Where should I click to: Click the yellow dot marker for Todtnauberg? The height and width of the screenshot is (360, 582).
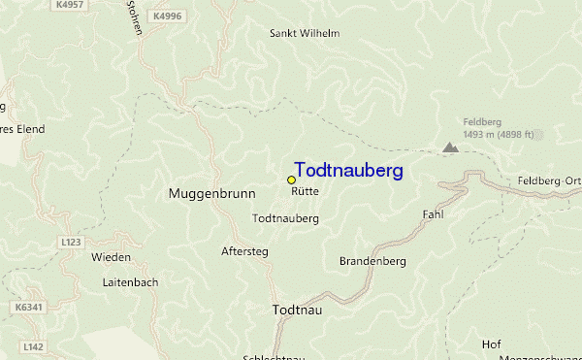(x=291, y=180)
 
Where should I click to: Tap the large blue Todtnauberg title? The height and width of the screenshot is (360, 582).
(x=348, y=170)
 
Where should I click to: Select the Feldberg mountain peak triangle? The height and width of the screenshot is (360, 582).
(x=450, y=147)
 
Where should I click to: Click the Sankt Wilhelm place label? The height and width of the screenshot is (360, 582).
(x=304, y=33)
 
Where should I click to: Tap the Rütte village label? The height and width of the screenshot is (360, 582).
(x=305, y=192)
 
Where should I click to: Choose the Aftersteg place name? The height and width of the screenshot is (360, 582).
(x=244, y=251)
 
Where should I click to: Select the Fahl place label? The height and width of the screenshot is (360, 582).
(x=433, y=214)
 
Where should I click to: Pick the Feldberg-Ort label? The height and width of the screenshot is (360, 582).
(x=549, y=181)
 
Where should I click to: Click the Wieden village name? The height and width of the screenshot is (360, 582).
(x=111, y=257)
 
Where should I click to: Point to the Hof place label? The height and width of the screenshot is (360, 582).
(x=491, y=344)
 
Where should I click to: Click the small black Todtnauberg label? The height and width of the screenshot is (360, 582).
(x=285, y=219)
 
